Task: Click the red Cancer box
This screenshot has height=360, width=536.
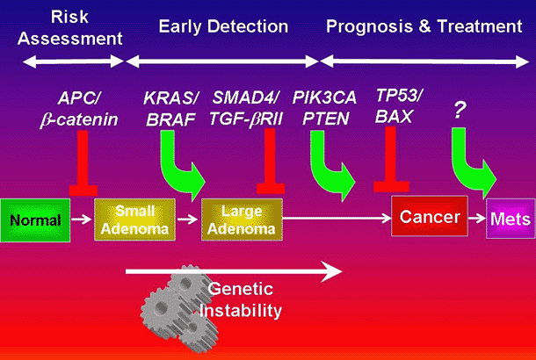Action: tap(425, 216)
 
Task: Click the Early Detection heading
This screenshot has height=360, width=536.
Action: tap(222, 25)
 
